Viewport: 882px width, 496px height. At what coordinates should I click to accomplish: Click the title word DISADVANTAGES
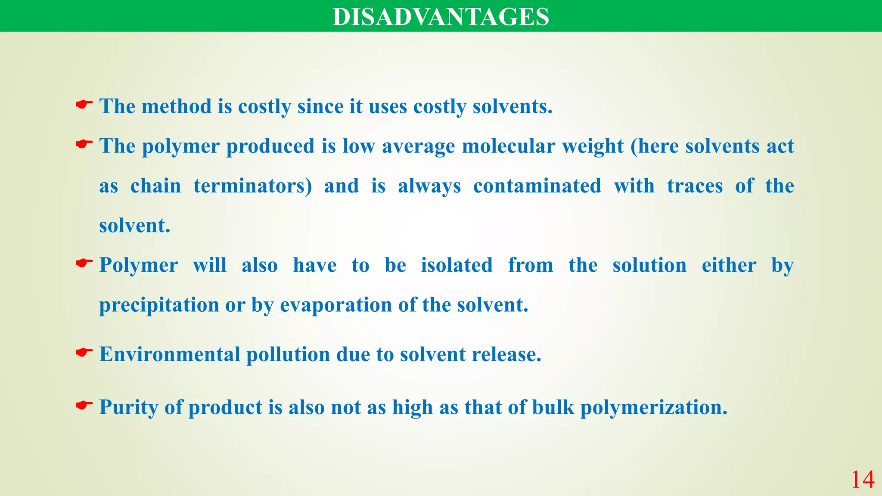click(441, 17)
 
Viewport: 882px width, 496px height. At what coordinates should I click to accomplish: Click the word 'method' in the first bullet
click(177, 106)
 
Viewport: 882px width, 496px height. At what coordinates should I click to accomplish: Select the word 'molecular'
click(508, 146)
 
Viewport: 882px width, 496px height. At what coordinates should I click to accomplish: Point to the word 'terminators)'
click(253, 186)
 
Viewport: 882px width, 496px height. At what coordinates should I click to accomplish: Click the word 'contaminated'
click(537, 186)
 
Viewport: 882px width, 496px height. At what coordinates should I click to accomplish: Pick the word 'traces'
click(695, 186)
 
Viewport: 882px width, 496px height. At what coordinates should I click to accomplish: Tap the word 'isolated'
click(457, 265)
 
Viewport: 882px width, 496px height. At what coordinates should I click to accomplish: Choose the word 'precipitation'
click(159, 305)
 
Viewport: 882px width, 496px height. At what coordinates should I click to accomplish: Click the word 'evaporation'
click(336, 305)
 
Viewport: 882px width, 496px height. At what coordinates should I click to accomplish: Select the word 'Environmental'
click(170, 354)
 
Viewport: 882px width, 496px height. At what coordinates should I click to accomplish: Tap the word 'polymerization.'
click(654, 407)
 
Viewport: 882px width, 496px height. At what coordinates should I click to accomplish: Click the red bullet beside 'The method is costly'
click(84, 104)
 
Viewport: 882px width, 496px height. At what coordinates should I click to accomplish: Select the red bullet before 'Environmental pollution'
click(84, 353)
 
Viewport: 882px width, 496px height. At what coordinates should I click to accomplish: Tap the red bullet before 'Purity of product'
click(84, 405)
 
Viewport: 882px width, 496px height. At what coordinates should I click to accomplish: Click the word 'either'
click(729, 265)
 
